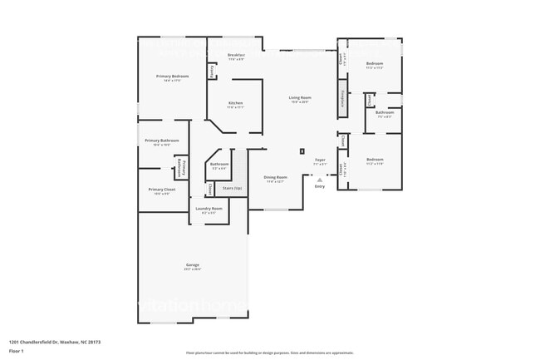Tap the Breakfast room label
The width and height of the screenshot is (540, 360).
[x=236, y=56]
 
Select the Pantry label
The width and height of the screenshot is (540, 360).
[x=212, y=72]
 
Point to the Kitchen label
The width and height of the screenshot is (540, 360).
[x=236, y=103]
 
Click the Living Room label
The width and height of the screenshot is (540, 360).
[x=299, y=98]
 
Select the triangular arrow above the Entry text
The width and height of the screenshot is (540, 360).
[x=320, y=180]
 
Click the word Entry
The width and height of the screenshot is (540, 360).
[x=320, y=186]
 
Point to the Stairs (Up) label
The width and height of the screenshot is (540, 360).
[x=233, y=189]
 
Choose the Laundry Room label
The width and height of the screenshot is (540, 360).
[x=209, y=210]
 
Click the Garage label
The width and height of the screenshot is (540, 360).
[x=192, y=267]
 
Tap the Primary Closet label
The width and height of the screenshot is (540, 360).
[x=162, y=190]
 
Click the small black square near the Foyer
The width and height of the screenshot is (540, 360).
[x=302, y=151]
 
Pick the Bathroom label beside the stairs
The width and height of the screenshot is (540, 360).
[x=219, y=165]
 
